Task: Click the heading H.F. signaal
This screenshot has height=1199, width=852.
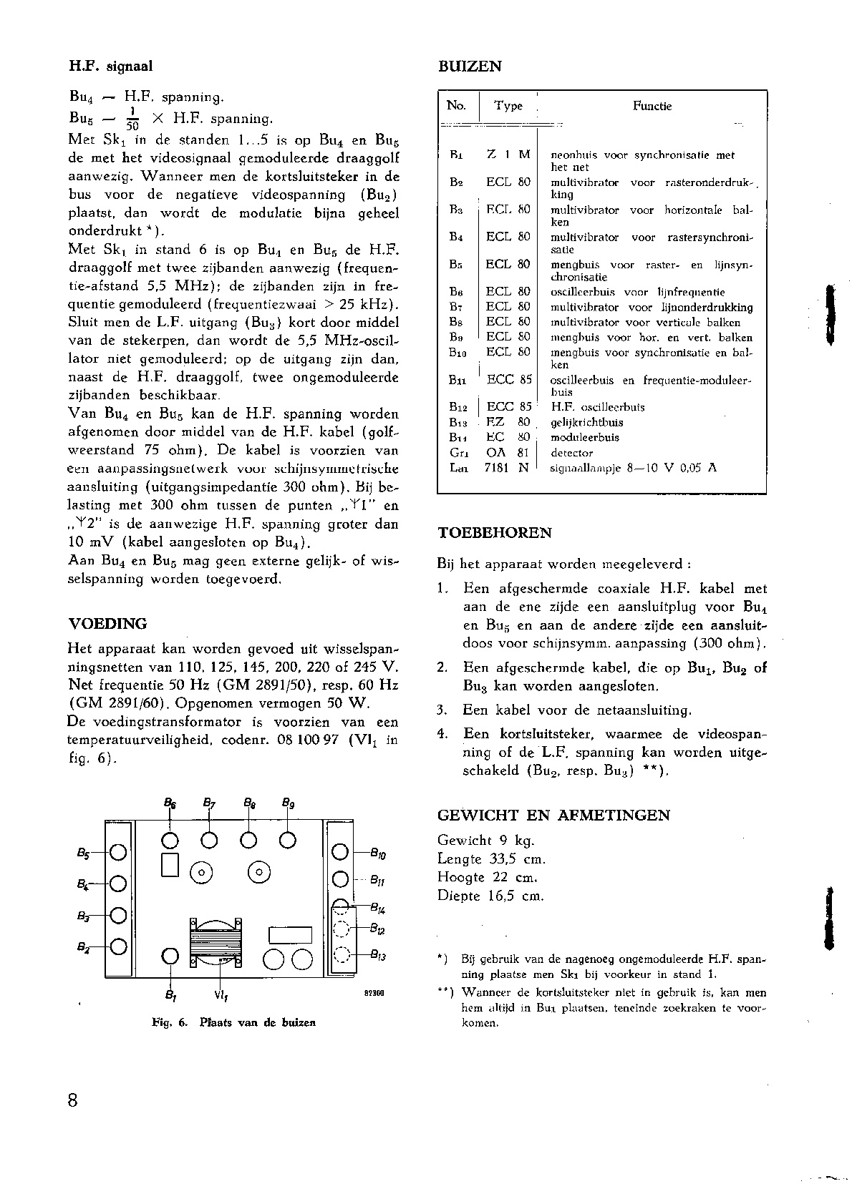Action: (110, 67)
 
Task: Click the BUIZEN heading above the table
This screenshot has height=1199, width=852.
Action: (469, 67)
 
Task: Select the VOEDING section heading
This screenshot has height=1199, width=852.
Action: (107, 623)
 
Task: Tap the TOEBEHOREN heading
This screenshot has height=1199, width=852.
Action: (494, 533)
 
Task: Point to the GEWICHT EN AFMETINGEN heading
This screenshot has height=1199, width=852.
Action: (553, 815)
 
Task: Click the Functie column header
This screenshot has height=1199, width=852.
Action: (652, 106)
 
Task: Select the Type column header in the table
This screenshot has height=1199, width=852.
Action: (508, 106)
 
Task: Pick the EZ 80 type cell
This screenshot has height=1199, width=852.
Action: (508, 422)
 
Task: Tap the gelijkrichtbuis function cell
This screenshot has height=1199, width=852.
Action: (586, 422)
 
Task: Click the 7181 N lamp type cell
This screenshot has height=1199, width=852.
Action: (508, 468)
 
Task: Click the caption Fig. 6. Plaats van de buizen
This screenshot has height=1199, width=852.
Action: (234, 1022)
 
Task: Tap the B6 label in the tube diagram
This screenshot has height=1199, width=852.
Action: (170, 803)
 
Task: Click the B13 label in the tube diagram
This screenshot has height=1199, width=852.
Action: (379, 955)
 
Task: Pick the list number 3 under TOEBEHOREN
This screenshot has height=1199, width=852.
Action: (442, 710)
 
